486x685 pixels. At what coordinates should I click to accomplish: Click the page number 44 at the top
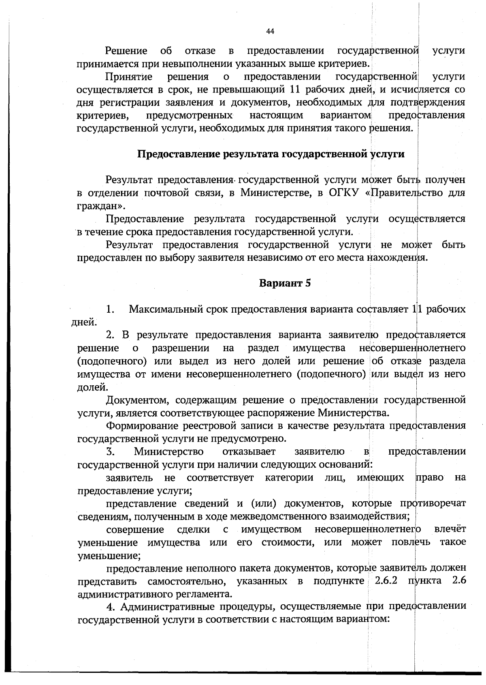270,32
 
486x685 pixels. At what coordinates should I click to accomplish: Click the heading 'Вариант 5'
285,283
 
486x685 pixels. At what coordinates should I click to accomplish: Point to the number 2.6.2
386,581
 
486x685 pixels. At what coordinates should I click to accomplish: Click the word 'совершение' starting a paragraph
135,530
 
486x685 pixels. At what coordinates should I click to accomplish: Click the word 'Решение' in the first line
126,51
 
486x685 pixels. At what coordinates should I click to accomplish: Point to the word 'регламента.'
208,594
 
